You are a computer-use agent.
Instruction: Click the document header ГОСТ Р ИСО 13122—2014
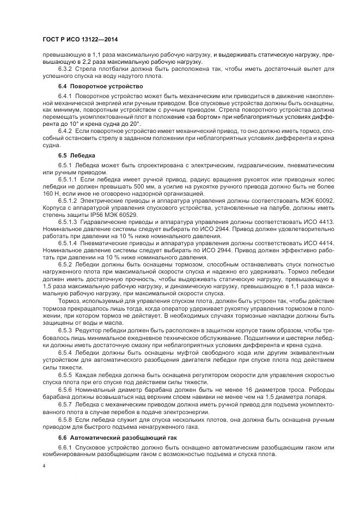80,40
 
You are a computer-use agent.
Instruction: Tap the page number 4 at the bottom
43,466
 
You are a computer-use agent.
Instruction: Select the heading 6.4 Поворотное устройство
93,87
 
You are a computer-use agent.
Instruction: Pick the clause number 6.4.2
65,131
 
